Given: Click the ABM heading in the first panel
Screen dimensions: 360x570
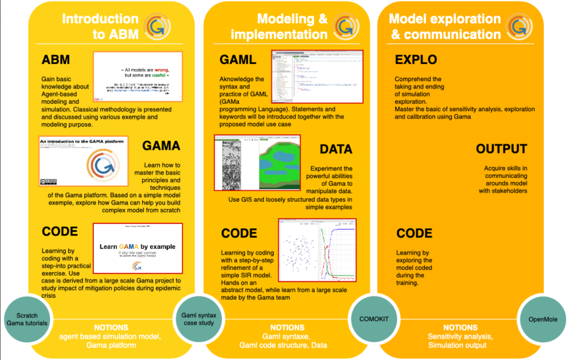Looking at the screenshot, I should (x=56, y=60).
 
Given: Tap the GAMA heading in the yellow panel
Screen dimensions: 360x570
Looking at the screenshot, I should (x=161, y=146).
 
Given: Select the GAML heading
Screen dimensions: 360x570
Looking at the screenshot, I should (x=238, y=60).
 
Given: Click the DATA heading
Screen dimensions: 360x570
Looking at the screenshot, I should (x=336, y=149).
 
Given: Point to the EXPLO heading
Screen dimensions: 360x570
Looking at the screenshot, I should (x=416, y=60).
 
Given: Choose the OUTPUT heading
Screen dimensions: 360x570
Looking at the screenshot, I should (x=502, y=149).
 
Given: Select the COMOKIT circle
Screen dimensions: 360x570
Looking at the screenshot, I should (x=374, y=319).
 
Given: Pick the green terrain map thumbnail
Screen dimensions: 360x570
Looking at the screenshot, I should (x=257, y=163).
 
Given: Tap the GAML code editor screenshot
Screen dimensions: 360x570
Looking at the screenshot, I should (x=318, y=77).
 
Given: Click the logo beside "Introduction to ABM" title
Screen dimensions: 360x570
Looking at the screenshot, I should (x=157, y=26).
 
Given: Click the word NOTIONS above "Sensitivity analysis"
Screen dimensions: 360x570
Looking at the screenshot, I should (x=460, y=327).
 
